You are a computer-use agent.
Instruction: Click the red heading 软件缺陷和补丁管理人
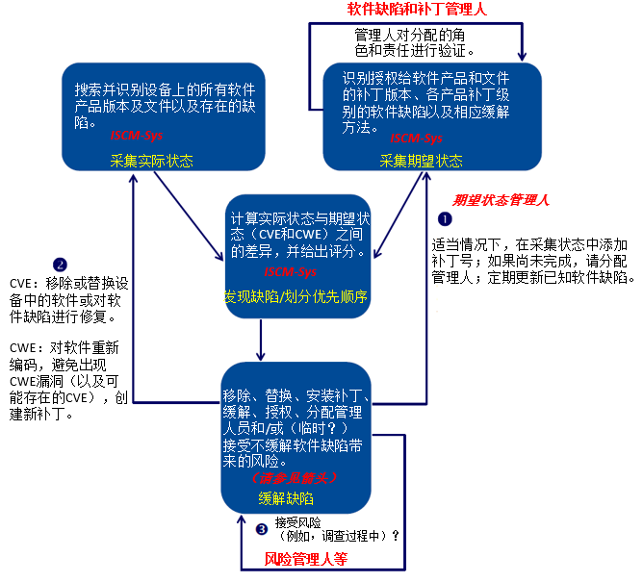point(416,10)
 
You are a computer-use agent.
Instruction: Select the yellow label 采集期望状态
point(421,161)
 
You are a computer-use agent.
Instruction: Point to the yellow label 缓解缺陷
point(286,497)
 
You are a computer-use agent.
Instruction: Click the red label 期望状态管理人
point(501,201)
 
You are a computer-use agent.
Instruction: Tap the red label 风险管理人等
point(305,558)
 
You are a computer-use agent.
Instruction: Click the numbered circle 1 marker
point(444,219)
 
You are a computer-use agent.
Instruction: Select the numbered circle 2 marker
point(61,264)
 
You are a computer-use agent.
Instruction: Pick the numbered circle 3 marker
point(261,528)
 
